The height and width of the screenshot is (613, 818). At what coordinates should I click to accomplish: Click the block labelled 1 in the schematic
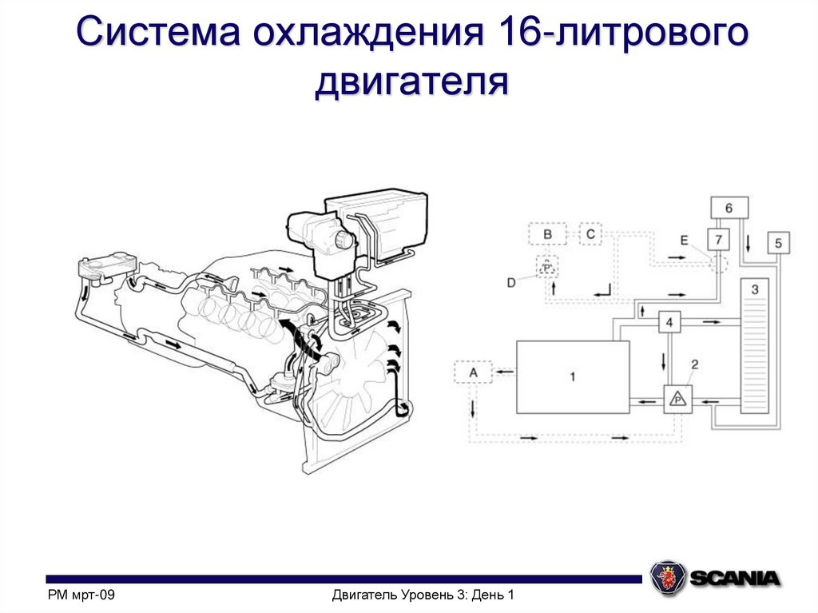point(573,376)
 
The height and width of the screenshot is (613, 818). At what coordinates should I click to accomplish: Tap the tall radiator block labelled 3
point(755,345)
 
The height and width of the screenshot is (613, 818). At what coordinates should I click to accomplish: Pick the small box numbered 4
point(669,323)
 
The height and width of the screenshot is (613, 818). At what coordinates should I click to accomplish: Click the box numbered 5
point(779,242)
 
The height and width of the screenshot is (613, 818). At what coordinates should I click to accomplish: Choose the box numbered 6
point(729,208)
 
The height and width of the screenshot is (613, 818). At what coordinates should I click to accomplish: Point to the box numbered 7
point(718,240)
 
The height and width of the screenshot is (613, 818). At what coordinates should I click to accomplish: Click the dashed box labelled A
point(473,372)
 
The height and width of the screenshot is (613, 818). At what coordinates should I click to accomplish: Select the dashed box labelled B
point(547,234)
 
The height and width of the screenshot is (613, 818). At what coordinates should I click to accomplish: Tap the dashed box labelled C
point(590,233)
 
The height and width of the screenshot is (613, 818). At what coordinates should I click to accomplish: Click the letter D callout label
point(511,281)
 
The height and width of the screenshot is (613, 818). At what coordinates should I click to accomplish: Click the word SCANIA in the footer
point(735,577)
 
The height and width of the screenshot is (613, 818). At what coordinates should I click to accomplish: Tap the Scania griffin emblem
point(667,577)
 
